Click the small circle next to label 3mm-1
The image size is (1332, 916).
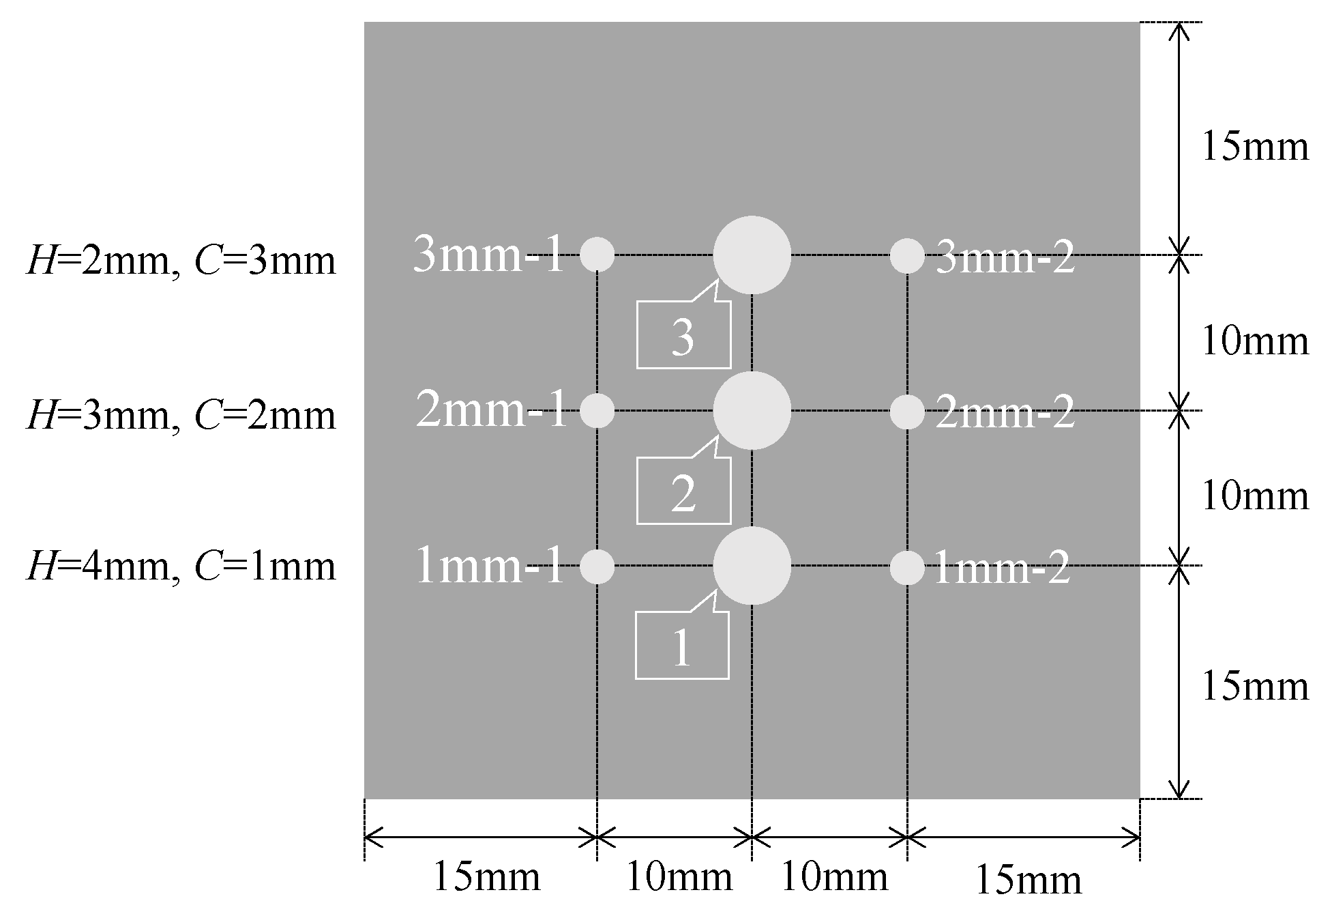[597, 255]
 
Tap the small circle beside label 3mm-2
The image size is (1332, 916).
[907, 256]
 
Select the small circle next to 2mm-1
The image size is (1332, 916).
[597, 411]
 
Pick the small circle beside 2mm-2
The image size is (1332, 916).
[907, 412]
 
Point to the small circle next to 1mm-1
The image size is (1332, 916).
[597, 566]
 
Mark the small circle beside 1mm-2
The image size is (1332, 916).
[907, 567]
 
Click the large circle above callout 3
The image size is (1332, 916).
[752, 255]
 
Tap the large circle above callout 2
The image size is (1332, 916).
[752, 410]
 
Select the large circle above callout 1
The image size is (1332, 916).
[752, 565]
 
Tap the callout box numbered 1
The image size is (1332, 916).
[682, 646]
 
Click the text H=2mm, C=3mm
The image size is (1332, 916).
[181, 261]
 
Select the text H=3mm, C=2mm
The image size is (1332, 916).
[181, 416]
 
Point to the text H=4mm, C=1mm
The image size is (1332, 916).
[181, 567]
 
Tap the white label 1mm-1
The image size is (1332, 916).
[490, 567]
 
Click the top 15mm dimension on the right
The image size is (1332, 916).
[1255, 147]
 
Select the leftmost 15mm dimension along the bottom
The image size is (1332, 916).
[486, 877]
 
